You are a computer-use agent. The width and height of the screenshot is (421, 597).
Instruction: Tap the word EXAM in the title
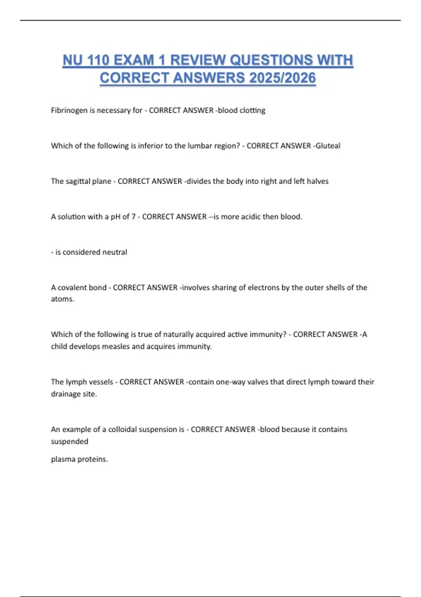tap(134, 60)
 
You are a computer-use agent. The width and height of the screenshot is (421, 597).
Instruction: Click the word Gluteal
tap(328, 146)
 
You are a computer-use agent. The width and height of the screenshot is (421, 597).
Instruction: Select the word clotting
tap(252, 110)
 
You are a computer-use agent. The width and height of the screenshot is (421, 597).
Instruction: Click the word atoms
tap(62, 299)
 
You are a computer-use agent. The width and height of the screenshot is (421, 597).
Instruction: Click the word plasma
tap(63, 459)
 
